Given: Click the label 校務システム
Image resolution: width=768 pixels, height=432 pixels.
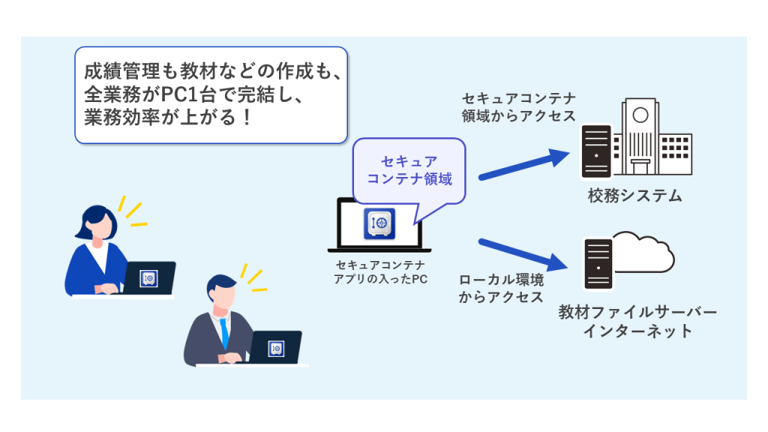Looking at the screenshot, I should pos(635,196).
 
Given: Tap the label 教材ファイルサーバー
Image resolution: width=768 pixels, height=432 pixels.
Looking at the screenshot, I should pos(637,312).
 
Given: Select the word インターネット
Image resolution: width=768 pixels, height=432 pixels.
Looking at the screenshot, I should pos(637,331).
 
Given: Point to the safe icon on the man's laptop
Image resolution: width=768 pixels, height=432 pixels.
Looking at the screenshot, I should pos(275,349).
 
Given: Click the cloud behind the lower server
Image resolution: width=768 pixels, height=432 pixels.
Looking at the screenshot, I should pos(643,254).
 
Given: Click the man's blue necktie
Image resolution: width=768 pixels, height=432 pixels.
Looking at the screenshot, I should pos(223,330).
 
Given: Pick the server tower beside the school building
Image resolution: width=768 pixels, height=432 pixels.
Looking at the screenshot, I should pos(597,151).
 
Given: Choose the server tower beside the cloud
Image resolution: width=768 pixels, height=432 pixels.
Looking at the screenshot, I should pos(597,263).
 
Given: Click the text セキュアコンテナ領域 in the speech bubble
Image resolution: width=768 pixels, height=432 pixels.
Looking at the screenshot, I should pos(409,170).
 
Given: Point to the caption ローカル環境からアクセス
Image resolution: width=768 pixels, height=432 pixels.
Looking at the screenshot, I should pos(500,288).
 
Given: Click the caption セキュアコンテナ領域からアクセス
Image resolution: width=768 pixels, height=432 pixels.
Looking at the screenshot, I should pos(518,107).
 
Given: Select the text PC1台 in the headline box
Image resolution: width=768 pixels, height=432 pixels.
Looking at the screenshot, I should pos(184,95).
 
